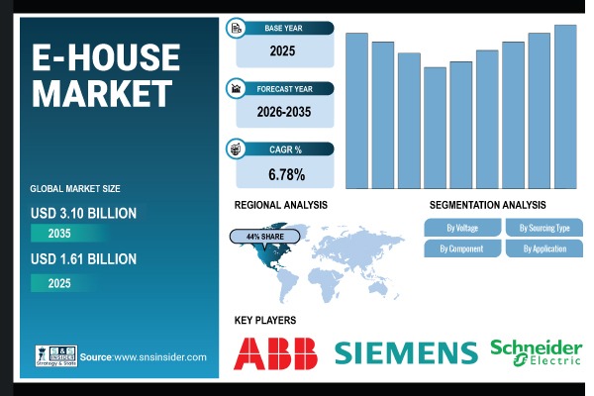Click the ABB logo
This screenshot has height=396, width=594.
pyautogui.click(x=276, y=352)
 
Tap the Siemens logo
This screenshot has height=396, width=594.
pyautogui.click(x=406, y=352)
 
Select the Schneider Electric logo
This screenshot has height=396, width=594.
pyautogui.click(x=536, y=352)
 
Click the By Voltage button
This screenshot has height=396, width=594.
pyautogui.click(x=461, y=228)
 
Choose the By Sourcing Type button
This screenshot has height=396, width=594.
pyautogui.click(x=544, y=228)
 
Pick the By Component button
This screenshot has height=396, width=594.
pyautogui.click(x=461, y=248)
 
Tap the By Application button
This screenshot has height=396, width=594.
pyautogui.click(x=544, y=248)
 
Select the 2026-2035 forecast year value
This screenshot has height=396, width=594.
pyautogui.click(x=285, y=112)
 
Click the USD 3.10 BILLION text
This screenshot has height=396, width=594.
pyautogui.click(x=83, y=213)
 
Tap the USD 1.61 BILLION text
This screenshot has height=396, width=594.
pyautogui.click(x=83, y=259)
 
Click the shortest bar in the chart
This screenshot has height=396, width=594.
pyautogui.click(x=435, y=128)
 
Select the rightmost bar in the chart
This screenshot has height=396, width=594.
pyautogui.click(x=565, y=107)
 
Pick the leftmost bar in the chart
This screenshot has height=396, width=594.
pyautogui.click(x=356, y=111)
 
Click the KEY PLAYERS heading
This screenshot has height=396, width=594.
pyautogui.click(x=265, y=321)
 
